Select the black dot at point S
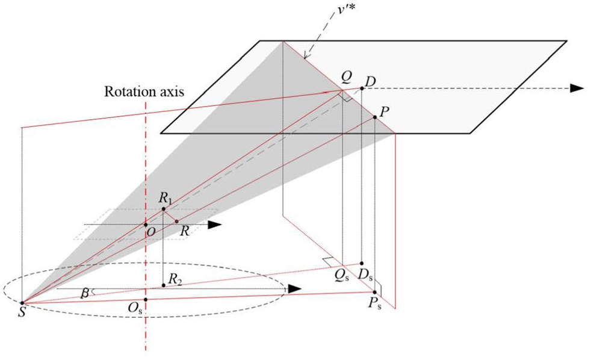[22, 303]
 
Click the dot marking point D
[362, 88]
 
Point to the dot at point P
[374, 117]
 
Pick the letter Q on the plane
[345, 76]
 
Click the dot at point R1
[163, 209]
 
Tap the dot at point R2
[163, 285]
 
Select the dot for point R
[176, 222]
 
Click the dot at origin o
[146, 225]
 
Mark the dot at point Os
[146, 299]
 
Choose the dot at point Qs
[342, 265]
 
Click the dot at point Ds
[362, 264]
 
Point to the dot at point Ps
[374, 292]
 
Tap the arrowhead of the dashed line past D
[577, 88]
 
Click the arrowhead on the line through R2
[293, 288]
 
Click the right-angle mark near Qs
[327, 261]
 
